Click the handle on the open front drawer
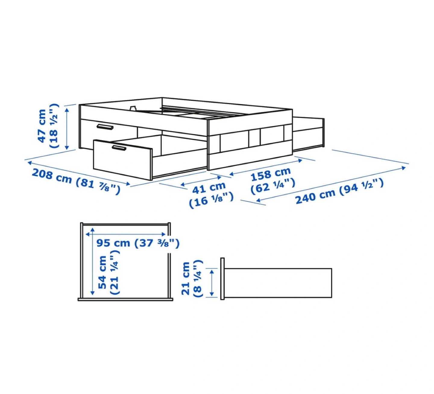click(x=119, y=148)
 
